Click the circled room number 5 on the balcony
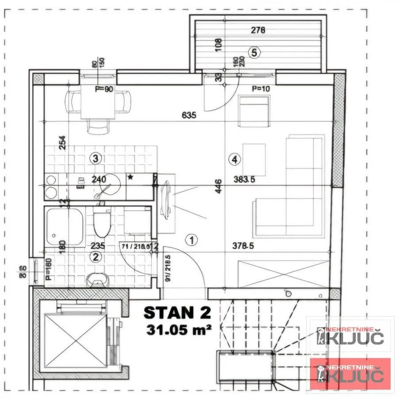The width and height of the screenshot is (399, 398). pyautogui.click(x=253, y=52)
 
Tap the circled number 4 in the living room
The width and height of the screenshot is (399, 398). pyautogui.click(x=234, y=158)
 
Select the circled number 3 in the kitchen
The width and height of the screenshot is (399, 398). pyautogui.click(x=95, y=157)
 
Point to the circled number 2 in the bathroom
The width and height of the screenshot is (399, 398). pyautogui.click(x=96, y=256)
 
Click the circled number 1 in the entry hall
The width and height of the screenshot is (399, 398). pyautogui.click(x=192, y=240)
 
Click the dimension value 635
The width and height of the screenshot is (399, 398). pyautogui.click(x=189, y=115)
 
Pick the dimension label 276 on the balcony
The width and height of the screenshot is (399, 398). pyautogui.click(x=257, y=31)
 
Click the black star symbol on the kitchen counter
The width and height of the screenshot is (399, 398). pyautogui.click(x=130, y=177)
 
